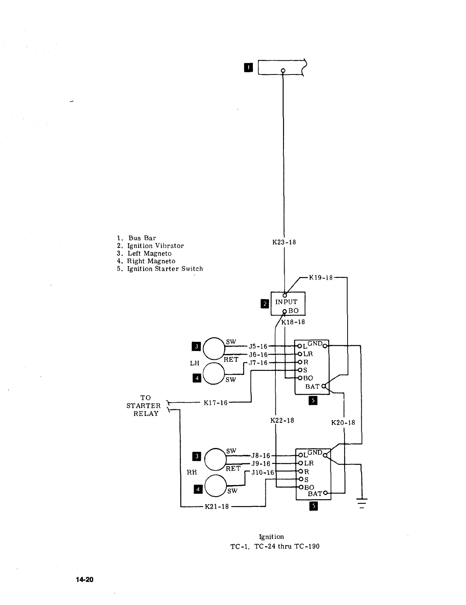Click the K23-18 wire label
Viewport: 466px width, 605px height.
(x=284, y=242)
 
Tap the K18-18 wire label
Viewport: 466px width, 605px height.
(x=293, y=322)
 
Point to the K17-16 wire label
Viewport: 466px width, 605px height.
(x=215, y=403)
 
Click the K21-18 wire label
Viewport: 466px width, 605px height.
(x=217, y=506)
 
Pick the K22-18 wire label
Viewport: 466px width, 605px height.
(x=282, y=421)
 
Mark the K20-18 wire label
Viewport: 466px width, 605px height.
(x=343, y=422)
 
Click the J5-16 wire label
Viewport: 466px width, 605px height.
(x=258, y=346)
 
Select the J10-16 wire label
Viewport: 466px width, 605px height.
(x=263, y=472)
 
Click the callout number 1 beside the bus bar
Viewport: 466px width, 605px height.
(x=248, y=68)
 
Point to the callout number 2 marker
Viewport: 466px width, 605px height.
(x=264, y=304)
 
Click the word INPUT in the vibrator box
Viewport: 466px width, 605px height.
(x=286, y=302)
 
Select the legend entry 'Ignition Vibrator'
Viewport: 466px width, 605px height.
(x=155, y=246)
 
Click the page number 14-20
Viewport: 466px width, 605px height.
(x=84, y=580)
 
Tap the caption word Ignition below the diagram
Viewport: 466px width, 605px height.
(x=271, y=537)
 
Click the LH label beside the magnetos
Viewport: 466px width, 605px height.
(x=194, y=363)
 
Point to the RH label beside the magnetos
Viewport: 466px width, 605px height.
(x=192, y=472)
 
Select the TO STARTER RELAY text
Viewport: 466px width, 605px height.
(x=144, y=406)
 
